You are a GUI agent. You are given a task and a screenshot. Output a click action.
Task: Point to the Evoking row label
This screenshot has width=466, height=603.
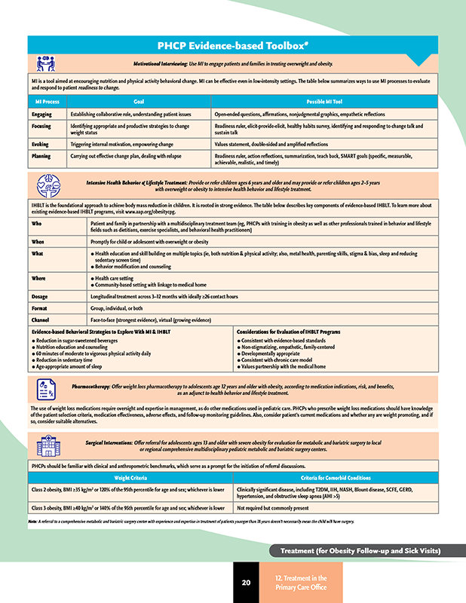pos(41,143)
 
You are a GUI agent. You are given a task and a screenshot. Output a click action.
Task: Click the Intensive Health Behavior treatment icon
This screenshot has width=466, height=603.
pos(44,185)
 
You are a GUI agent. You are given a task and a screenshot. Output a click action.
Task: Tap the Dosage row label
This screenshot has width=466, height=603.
pos(41,297)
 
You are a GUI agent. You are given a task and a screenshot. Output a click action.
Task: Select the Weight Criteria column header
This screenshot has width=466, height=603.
pos(130,477)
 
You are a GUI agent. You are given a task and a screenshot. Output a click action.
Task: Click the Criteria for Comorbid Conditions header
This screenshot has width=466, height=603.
pos(335,477)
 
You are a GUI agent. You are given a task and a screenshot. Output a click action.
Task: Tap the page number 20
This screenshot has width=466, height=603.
pos(246,583)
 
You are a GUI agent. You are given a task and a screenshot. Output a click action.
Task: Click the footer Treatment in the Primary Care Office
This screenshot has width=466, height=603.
pos(307,582)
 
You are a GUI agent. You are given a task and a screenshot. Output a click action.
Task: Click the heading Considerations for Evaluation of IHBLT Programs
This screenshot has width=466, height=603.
pos(289,332)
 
